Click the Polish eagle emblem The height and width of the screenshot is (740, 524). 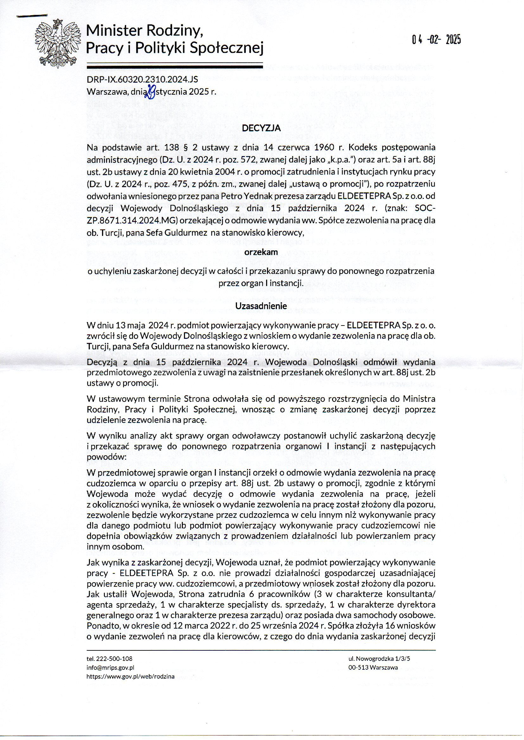pos(58,43)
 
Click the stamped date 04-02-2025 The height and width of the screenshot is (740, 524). pos(436,40)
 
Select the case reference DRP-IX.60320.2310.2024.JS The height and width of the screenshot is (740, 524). pos(142,80)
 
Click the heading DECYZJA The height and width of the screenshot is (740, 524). pos(261,128)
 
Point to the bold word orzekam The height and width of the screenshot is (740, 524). pos(261,252)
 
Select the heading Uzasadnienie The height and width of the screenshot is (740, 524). pos(261,306)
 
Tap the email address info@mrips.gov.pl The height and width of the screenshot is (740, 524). pos(110,667)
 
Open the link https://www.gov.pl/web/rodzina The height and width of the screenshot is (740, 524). pos(130,676)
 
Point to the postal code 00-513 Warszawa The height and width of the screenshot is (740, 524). pos(373,667)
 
